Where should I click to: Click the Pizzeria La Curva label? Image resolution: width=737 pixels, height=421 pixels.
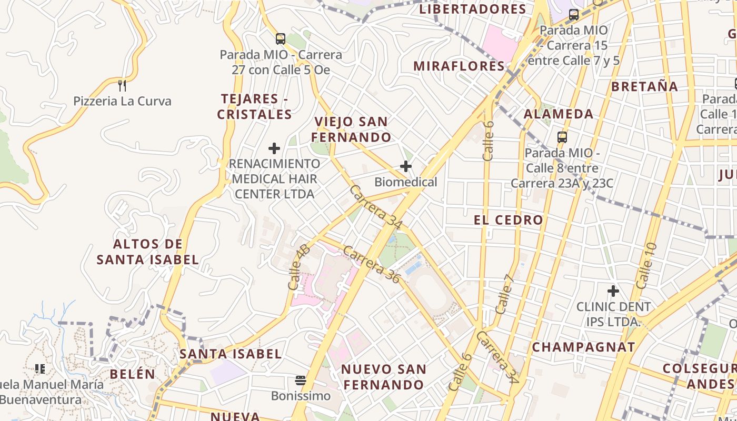pyautogui.click(x=122, y=101)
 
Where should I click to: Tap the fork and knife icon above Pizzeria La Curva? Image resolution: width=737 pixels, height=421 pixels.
pyautogui.click(x=122, y=85)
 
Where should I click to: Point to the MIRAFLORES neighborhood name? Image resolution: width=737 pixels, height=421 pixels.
pyautogui.click(x=459, y=66)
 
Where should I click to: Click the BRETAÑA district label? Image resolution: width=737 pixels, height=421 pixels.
pyautogui.click(x=644, y=87)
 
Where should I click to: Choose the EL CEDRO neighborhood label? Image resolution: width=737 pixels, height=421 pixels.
pyautogui.click(x=509, y=220)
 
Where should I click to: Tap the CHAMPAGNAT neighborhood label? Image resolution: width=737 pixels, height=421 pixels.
pyautogui.click(x=583, y=347)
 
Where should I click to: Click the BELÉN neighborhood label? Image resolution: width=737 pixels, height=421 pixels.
pyautogui.click(x=133, y=374)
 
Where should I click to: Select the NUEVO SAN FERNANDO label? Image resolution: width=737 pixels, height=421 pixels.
pyautogui.click(x=384, y=377)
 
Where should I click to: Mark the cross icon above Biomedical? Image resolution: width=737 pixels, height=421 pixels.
pyautogui.click(x=405, y=167)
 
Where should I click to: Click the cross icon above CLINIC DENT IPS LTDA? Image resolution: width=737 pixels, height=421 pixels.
pyautogui.click(x=613, y=290)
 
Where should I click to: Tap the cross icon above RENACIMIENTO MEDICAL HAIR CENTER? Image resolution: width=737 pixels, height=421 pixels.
pyautogui.click(x=274, y=148)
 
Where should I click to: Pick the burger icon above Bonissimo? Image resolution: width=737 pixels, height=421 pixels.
pyautogui.click(x=301, y=380)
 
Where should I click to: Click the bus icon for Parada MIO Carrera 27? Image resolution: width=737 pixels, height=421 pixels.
pyautogui.click(x=281, y=38)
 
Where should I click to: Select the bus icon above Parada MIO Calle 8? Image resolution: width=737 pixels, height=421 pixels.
pyautogui.click(x=562, y=137)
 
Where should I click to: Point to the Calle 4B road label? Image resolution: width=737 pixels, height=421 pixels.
pyautogui.click(x=298, y=267)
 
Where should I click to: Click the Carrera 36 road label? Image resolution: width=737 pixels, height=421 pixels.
pyautogui.click(x=372, y=264)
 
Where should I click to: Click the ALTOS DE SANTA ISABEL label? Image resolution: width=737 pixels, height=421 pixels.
pyautogui.click(x=148, y=252)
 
